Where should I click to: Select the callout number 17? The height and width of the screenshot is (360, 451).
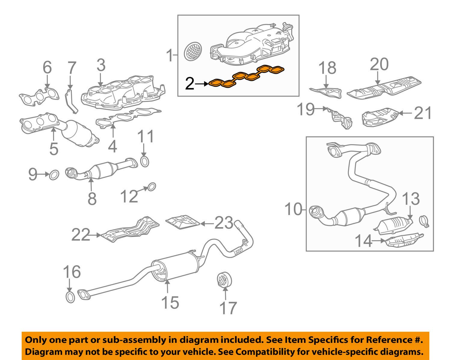pyautogui.click(x=228, y=308)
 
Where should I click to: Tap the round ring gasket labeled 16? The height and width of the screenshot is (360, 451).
pyautogui.click(x=70, y=297)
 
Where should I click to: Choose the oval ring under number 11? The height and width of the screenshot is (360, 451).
pyautogui.click(x=145, y=162)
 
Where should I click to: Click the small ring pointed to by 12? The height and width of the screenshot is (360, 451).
pyautogui.click(x=152, y=187)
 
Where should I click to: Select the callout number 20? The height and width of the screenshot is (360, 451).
pyautogui.click(x=379, y=64)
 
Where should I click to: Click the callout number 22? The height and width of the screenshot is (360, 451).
pyautogui.click(x=81, y=235)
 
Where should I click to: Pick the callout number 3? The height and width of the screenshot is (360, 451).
pyautogui.click(x=101, y=65)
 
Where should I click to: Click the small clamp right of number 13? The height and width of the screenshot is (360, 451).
pyautogui.click(x=424, y=221)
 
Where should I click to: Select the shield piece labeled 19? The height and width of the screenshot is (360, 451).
pyautogui.click(x=340, y=118)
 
